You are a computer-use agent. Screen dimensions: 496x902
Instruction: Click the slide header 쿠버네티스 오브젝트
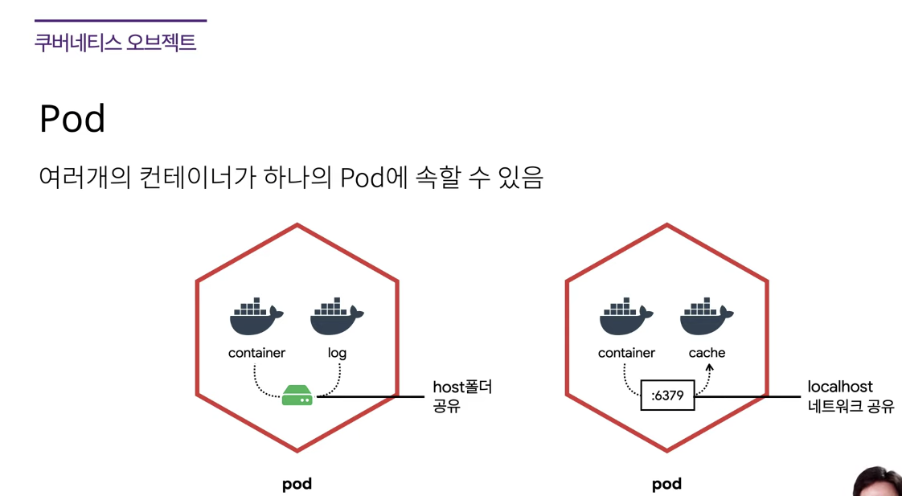point(115,42)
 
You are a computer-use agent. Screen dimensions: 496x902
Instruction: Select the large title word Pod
point(72,119)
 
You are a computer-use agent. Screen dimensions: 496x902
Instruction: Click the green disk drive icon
point(297,396)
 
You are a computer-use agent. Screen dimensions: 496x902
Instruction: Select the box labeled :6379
point(667,396)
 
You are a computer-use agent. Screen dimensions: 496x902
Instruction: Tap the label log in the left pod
point(337,353)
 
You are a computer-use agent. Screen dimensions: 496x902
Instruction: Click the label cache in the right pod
point(707,353)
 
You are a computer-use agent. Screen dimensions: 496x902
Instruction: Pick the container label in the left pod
point(256,353)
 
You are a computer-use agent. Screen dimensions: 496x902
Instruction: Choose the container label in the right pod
point(626,353)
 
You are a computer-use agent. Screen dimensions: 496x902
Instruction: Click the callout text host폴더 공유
point(462,396)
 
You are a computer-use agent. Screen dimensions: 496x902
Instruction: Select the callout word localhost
point(840,387)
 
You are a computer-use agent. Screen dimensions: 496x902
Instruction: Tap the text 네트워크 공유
point(851,407)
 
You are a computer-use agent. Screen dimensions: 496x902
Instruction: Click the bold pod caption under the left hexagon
point(297,484)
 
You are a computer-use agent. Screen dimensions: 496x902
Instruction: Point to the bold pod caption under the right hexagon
point(666,484)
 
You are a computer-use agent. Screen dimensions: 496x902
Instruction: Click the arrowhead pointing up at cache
point(709,367)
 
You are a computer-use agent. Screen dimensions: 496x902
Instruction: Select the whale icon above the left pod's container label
point(256,317)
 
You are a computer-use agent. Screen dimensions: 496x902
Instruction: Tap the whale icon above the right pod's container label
point(625,317)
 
